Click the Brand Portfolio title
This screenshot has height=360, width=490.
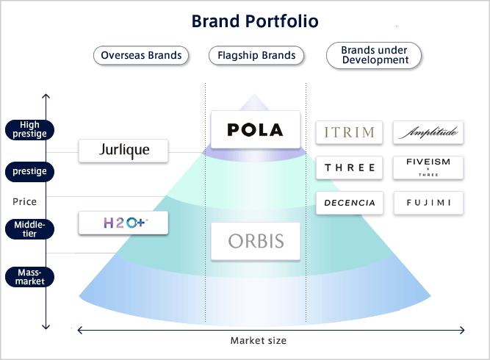255,21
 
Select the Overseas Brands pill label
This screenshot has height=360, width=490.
142,55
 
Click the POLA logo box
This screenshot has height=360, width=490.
255,130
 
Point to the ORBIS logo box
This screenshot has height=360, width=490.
255,240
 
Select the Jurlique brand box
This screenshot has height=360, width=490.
123,151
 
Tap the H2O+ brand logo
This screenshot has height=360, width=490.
123,223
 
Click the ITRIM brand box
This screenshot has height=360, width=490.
350,132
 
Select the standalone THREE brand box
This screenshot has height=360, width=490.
350,168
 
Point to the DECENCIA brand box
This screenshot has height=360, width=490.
350,203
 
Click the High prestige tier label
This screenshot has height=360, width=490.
30,129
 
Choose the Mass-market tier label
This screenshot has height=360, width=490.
30,276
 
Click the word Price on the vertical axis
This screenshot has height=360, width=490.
24,201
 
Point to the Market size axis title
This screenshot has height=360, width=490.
259,340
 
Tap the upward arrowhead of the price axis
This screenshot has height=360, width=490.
46,96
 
